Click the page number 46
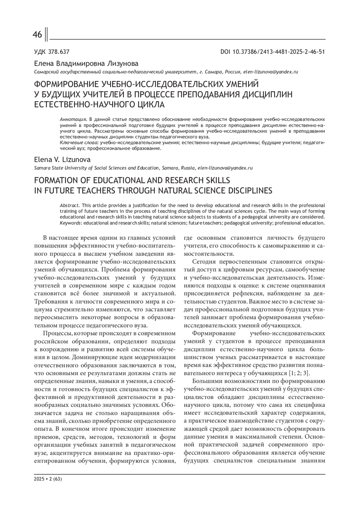tap(37, 35)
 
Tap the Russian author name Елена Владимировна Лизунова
tap(86, 64)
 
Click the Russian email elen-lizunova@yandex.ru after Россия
tap(271, 72)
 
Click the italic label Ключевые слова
tap(79, 143)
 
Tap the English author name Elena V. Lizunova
tap(62, 160)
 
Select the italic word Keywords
tap(70, 223)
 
